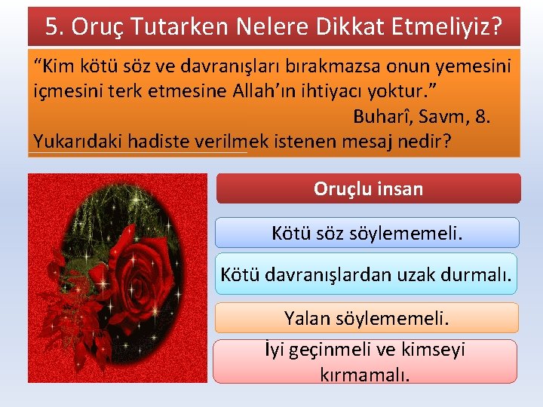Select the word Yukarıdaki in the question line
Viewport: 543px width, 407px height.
tap(79, 141)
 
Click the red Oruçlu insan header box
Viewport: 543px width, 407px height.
tap(368, 188)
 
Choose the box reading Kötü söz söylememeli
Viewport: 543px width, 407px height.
tap(367, 233)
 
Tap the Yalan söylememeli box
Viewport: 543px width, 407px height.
tap(367, 318)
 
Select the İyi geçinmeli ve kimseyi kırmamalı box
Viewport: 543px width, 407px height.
tap(365, 361)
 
